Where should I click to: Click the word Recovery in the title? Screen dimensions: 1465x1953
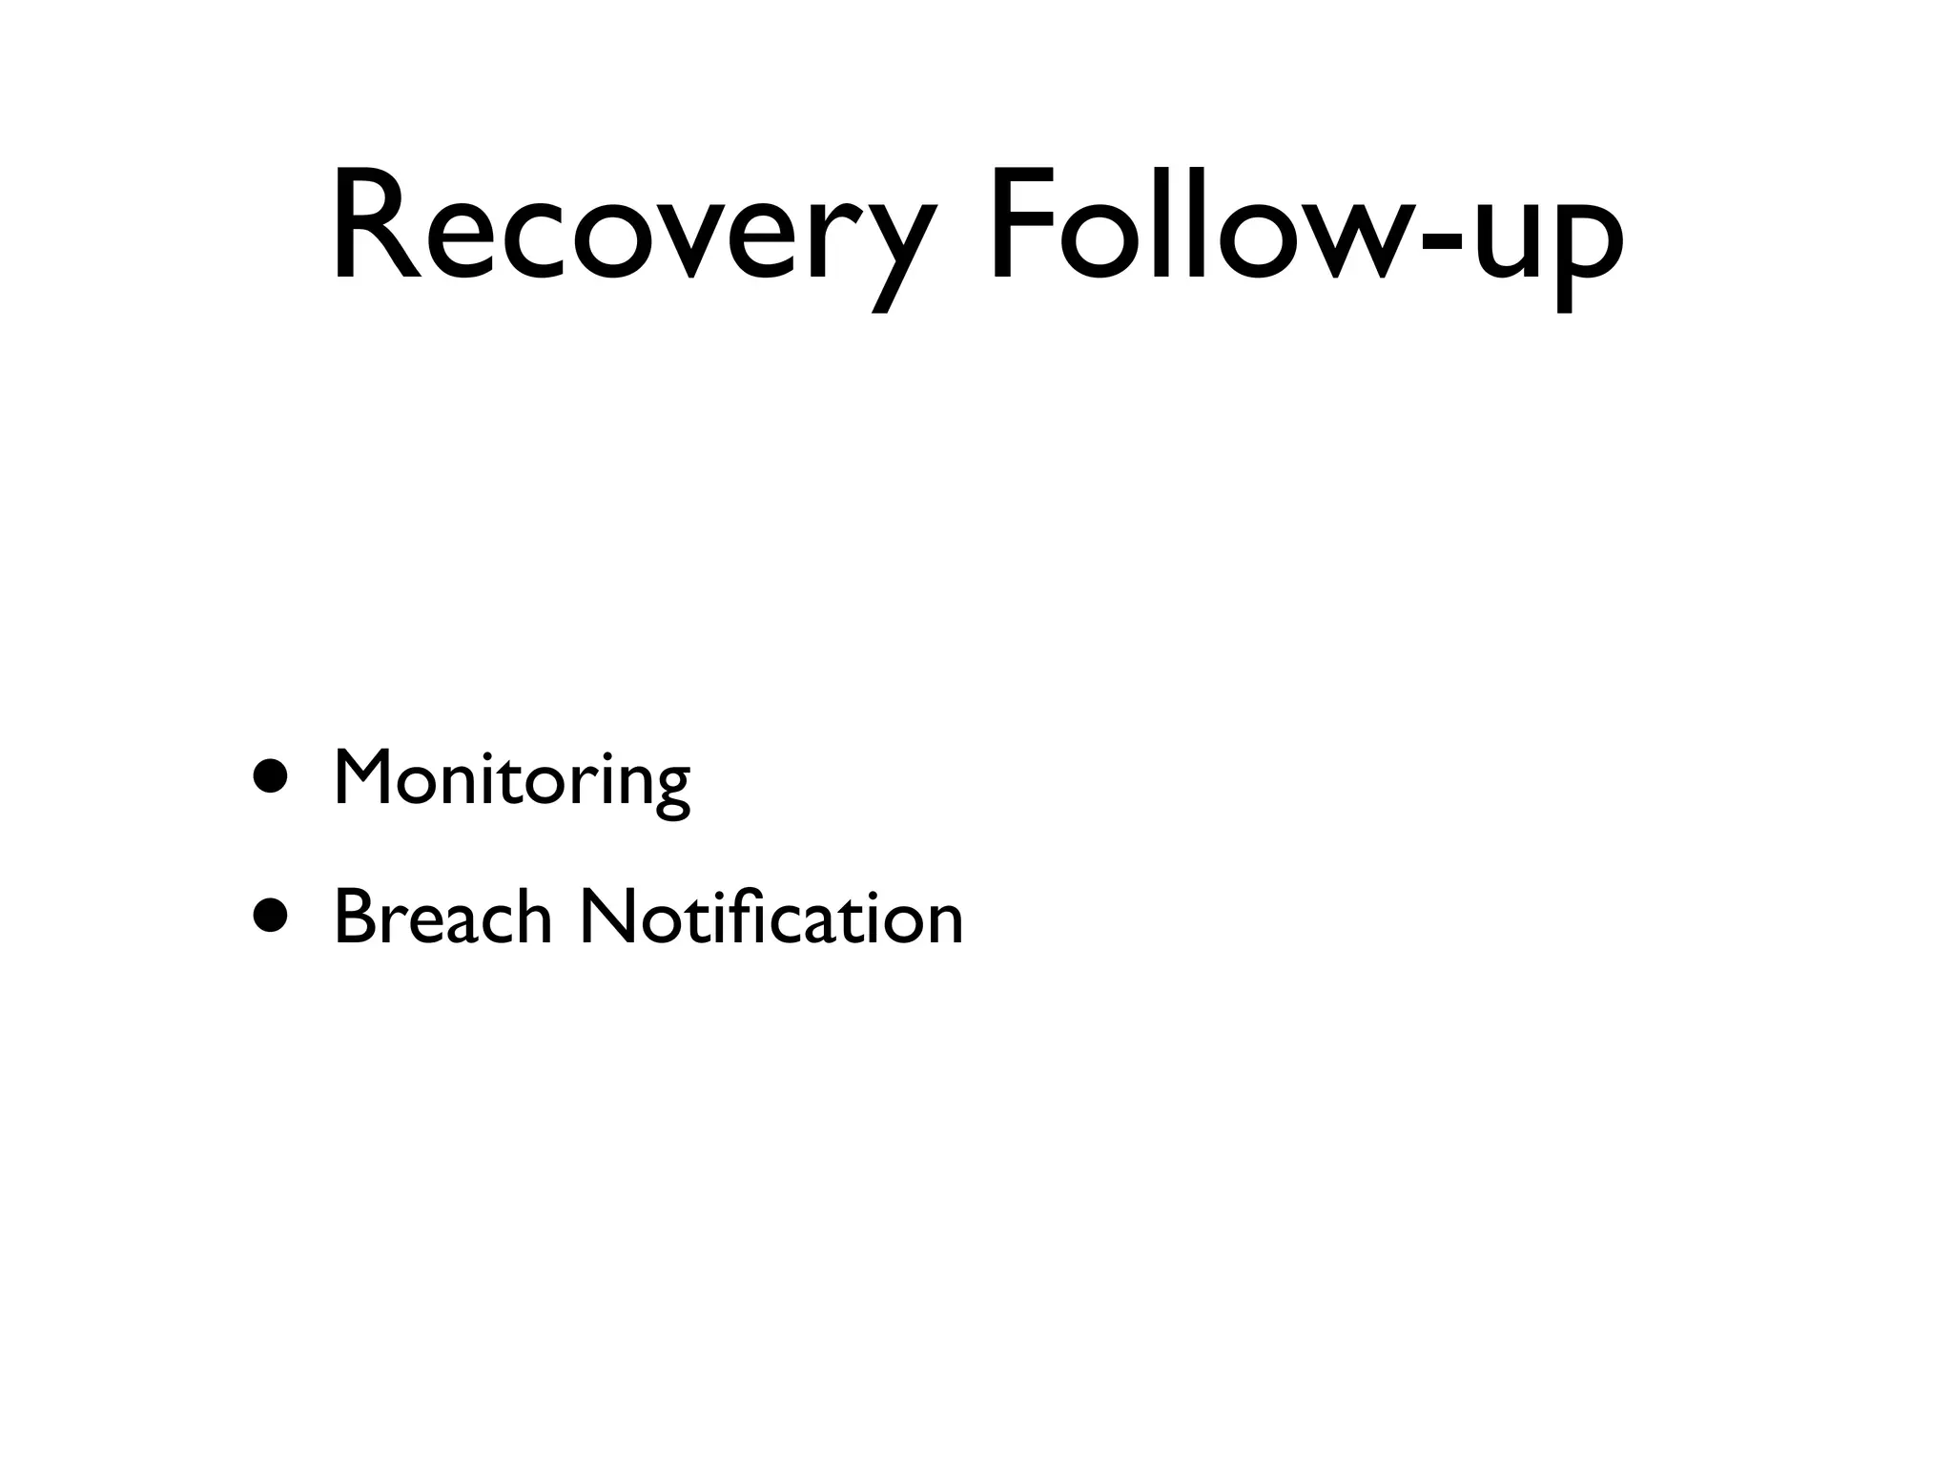click(x=629, y=229)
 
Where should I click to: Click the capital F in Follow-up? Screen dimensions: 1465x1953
click(x=1022, y=225)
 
